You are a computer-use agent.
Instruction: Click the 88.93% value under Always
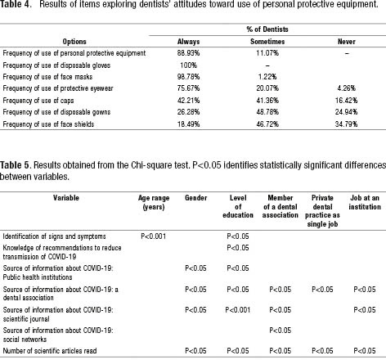coord(188,53)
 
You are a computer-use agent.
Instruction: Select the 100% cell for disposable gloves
coord(188,65)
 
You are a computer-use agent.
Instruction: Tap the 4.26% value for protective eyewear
coord(346,88)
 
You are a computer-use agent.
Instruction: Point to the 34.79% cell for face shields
coord(346,124)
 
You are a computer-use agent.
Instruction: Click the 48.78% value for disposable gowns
coord(267,112)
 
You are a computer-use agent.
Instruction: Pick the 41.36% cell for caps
coord(267,101)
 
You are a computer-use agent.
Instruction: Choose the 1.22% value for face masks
coord(267,77)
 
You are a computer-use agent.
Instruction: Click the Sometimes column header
coord(267,42)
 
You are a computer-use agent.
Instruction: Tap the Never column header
coord(347,42)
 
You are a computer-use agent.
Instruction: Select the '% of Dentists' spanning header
coord(267,29)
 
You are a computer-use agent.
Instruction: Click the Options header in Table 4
coord(74,42)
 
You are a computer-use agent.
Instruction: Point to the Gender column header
coord(195,197)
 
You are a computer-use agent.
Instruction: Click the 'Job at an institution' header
coord(365,202)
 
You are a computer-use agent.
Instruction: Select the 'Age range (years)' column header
coord(154,202)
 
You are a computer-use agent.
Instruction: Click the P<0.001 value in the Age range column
coord(154,236)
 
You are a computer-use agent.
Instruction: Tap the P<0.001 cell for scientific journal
coord(238,310)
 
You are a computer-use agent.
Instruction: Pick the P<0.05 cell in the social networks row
coord(281,331)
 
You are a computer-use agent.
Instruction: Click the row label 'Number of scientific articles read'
coord(50,350)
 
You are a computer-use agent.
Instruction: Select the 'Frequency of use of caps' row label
coord(38,101)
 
